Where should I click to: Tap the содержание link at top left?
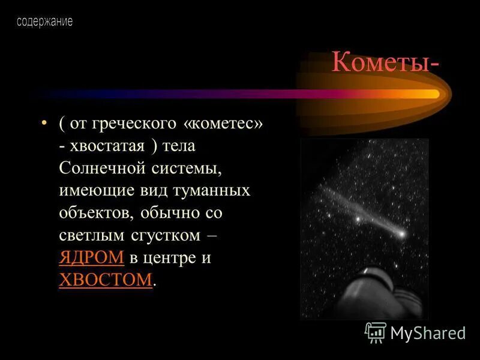[44, 22]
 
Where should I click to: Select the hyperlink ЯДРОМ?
[91, 258]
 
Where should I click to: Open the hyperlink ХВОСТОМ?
[106, 280]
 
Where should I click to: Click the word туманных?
[207, 191]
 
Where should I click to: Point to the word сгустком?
[170, 235]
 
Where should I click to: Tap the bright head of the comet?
[400, 233]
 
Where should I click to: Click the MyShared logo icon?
[376, 332]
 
